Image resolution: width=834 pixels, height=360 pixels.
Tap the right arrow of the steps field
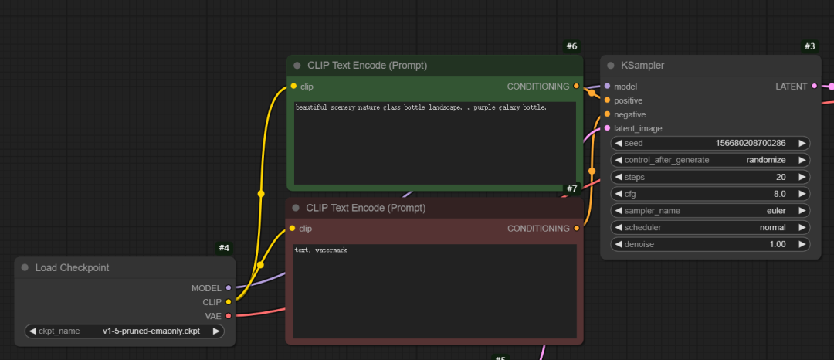(802, 177)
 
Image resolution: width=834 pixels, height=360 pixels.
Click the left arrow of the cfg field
(619, 194)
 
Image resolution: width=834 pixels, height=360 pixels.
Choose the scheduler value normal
(771, 228)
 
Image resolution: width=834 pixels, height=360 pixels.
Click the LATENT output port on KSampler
(814, 87)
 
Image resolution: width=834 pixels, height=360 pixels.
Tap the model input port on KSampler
(608, 87)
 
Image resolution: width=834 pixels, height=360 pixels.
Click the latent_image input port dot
(608, 128)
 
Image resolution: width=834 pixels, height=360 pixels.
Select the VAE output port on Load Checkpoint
(229, 315)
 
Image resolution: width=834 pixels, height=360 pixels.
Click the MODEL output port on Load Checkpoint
(229, 287)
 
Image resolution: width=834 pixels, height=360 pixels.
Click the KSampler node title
(642, 66)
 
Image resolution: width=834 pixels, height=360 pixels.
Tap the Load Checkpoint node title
(72, 268)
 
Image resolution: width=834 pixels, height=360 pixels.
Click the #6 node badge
(571, 46)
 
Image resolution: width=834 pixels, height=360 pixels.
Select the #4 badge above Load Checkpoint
(224, 248)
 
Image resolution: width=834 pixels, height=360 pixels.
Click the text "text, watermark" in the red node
(321, 250)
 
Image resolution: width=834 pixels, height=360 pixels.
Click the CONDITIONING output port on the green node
(577, 87)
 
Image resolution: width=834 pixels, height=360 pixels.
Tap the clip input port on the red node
(293, 229)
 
